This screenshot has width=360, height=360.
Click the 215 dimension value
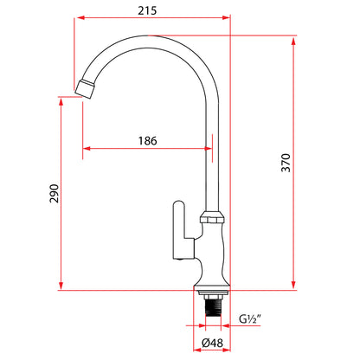click(x=147, y=10)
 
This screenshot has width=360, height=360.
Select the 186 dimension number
click(x=148, y=141)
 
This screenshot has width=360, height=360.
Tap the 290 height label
click(x=54, y=193)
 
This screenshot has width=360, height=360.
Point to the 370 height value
click(x=286, y=163)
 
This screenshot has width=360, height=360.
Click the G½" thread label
click(x=250, y=319)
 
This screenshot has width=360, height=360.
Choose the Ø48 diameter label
click(x=212, y=343)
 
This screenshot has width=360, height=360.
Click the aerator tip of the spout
click(x=84, y=88)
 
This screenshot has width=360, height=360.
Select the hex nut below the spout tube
click(x=213, y=217)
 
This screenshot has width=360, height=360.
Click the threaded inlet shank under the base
click(x=213, y=307)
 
